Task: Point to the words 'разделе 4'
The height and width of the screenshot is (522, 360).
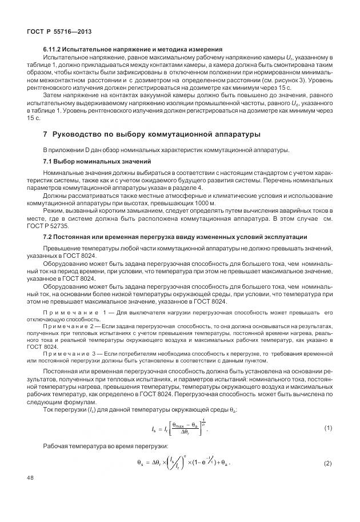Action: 185,188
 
